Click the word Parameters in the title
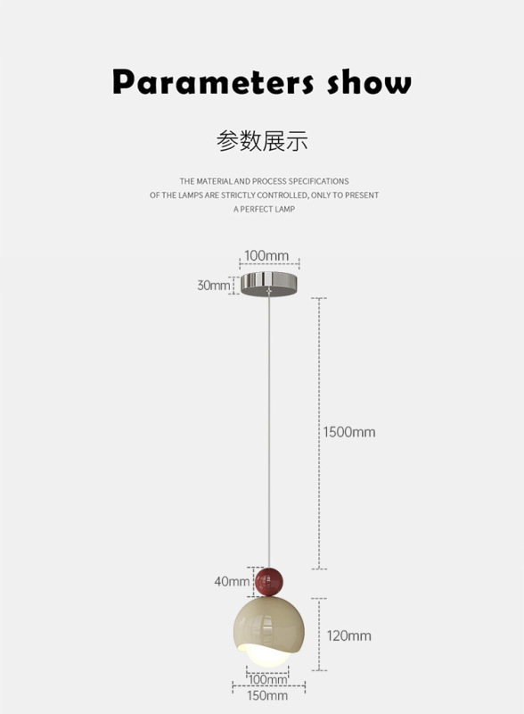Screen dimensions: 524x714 point(213,82)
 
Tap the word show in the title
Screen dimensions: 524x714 point(369,82)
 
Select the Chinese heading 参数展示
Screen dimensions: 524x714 point(262,141)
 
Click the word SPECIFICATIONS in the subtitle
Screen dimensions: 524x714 point(318,181)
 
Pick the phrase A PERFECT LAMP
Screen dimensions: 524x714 point(265,209)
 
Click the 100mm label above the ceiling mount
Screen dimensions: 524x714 point(266,255)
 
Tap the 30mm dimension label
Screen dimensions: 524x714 point(213,285)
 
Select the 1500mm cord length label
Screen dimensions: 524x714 point(349,432)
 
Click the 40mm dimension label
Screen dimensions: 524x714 point(232,581)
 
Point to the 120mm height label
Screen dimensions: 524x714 point(348,635)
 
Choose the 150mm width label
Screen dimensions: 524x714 point(267,695)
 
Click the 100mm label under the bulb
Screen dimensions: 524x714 point(268,679)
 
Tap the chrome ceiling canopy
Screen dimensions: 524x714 point(269,284)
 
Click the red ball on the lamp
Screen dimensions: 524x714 point(269,582)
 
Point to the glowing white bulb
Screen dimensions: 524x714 point(267,655)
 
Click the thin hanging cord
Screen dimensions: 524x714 point(269,430)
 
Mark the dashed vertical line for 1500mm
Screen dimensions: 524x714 point(319,434)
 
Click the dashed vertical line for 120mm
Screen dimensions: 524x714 point(319,635)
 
